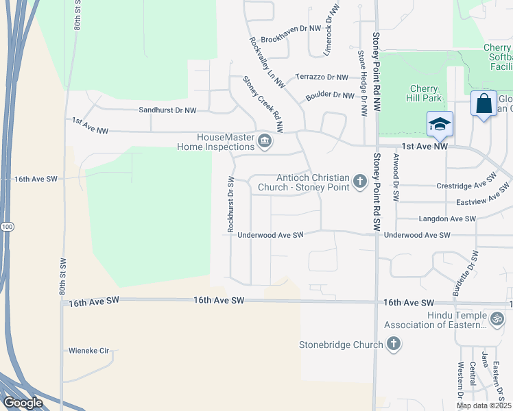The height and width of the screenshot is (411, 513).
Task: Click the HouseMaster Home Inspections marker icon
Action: pyautogui.click(x=265, y=141)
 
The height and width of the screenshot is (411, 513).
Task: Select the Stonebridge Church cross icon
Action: pyautogui.click(x=394, y=345)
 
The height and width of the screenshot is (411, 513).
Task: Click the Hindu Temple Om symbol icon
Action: pyautogui.click(x=498, y=319)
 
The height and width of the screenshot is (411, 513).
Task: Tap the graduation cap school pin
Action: pyautogui.click(x=439, y=124)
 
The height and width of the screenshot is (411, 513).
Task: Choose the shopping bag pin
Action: pyautogui.click(x=484, y=104)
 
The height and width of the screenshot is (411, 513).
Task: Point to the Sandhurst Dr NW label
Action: pyautogui.click(x=167, y=110)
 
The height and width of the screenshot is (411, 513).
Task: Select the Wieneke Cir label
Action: pyautogui.click(x=89, y=351)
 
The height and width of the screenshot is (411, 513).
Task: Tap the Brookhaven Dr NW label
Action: pyautogui.click(x=291, y=29)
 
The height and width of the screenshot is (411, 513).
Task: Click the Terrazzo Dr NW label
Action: pyautogui.click(x=321, y=77)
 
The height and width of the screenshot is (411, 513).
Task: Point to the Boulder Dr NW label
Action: pyautogui.click(x=330, y=95)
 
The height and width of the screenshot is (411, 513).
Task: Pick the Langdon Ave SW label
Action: pyautogui.click(x=447, y=219)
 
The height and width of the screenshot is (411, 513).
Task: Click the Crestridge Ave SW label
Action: pyautogui.click(x=466, y=186)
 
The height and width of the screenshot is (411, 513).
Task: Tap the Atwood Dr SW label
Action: pyautogui.click(x=396, y=177)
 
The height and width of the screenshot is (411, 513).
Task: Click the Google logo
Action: pyautogui.click(x=23, y=403)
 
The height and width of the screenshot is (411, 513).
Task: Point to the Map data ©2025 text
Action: pyautogui.click(x=484, y=406)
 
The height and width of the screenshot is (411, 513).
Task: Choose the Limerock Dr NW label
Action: pyautogui.click(x=333, y=30)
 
